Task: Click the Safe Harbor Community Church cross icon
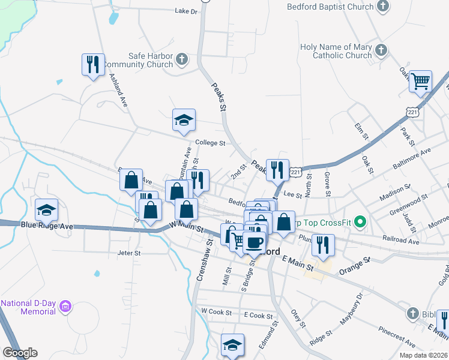[182, 59]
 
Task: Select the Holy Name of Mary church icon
[381, 51]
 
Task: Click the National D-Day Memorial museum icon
[66, 308]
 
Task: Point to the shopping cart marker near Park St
[421, 82]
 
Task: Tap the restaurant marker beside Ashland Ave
[93, 64]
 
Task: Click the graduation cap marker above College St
[184, 120]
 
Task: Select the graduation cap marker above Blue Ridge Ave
[46, 210]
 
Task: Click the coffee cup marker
[255, 242]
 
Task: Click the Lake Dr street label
[186, 11]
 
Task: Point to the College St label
[210, 143]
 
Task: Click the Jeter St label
[128, 253]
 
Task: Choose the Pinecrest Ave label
[397, 337]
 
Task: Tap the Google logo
[20, 353]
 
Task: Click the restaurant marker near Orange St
[323, 245]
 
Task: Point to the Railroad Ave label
[402, 240]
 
